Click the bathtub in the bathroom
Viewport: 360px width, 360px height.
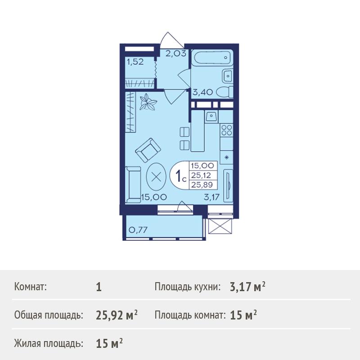[x=212, y=58]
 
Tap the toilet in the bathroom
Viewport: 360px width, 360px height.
[x=225, y=92]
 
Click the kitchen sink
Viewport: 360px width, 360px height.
[x=211, y=116]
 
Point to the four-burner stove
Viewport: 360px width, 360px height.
[x=227, y=130]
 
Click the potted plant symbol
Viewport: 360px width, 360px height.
[x=148, y=102]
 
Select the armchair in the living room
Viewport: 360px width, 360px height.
[x=148, y=150]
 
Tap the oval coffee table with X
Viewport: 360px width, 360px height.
[x=156, y=177]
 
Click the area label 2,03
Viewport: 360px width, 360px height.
[x=175, y=54]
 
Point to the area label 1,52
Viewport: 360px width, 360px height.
[x=135, y=62]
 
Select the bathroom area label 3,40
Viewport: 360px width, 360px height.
[x=203, y=92]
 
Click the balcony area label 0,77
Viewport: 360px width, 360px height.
[x=138, y=229]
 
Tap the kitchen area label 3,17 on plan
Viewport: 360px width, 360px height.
[x=211, y=197]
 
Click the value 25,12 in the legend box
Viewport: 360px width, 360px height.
[x=201, y=175]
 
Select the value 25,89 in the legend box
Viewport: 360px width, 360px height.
[x=202, y=184]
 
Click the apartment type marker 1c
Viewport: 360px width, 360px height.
[x=181, y=176]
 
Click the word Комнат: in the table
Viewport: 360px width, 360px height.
[x=30, y=287]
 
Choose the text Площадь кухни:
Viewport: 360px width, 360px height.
[x=188, y=287]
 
